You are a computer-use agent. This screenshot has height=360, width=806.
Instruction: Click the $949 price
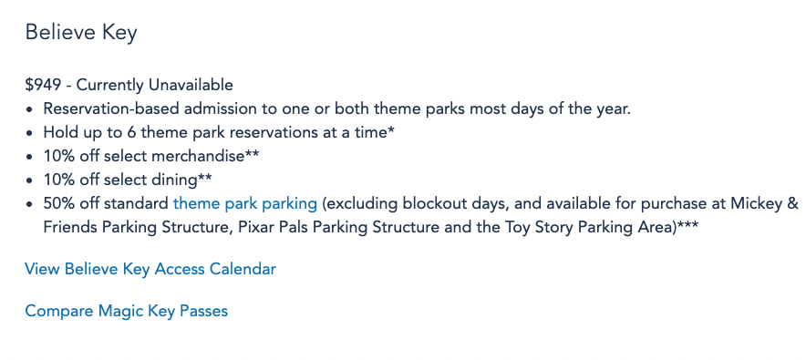43,85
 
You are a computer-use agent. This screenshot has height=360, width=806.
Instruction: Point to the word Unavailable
191,85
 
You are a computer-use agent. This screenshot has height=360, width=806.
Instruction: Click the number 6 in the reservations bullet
130,132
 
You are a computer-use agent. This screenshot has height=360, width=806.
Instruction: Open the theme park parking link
245,204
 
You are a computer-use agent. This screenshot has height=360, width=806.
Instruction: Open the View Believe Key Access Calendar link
150,269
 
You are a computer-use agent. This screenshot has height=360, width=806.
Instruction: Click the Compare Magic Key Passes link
127,311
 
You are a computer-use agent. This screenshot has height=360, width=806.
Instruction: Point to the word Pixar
255,228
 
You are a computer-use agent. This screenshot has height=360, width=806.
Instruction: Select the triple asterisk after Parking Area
687,224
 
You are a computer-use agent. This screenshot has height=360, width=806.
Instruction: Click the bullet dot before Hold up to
31,133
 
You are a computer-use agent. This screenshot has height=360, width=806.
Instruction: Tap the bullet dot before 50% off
31,204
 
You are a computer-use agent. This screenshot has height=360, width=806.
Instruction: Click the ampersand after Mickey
793,204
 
